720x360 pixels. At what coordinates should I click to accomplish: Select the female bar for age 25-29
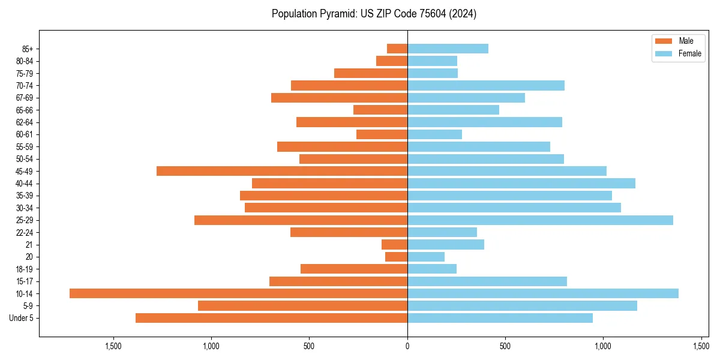coord(540,220)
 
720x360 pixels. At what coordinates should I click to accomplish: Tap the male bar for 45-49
coord(282,171)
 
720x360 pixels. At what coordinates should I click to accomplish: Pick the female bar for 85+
coord(448,49)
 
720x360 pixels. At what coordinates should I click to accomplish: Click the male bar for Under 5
coord(271,318)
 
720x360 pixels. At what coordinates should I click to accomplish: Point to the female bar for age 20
coord(426,257)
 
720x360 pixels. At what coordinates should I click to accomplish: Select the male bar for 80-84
coord(392,61)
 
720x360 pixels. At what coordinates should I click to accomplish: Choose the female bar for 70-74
coord(486,85)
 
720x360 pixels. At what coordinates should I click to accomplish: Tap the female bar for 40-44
coord(521,183)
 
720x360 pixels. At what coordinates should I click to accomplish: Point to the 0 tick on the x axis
coord(407,346)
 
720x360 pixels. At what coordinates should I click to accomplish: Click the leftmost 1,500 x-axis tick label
coord(113,346)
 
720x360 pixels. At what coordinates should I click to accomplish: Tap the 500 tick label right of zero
coord(505,346)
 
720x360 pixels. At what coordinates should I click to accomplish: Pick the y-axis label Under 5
coord(22,318)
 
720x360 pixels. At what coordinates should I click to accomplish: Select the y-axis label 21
coord(29,245)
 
